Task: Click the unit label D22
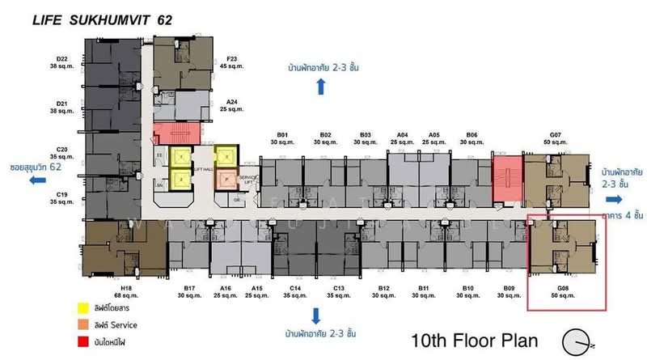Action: coord(62,57)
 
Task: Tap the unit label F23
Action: coord(232,57)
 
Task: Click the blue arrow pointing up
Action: coord(321,87)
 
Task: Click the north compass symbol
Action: coord(578,340)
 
